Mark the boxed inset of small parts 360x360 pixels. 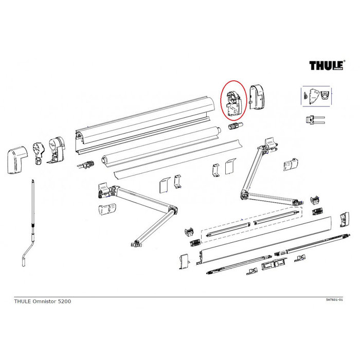315,96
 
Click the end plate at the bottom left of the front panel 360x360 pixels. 183,262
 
